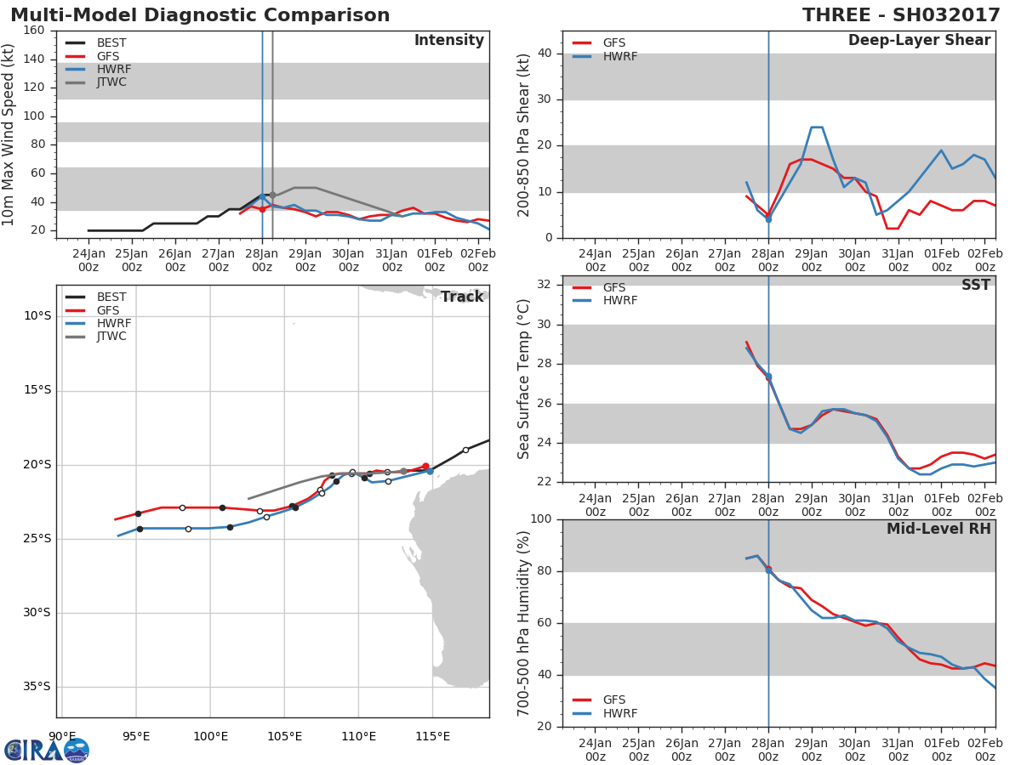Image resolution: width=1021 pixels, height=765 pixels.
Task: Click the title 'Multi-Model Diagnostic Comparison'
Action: (200, 15)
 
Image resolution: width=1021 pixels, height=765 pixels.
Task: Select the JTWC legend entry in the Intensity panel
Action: (111, 82)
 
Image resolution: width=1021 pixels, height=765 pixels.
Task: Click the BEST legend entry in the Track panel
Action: (111, 297)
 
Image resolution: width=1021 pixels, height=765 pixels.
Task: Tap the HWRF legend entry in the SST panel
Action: (619, 301)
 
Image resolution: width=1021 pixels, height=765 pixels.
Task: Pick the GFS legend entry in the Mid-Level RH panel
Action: (613, 700)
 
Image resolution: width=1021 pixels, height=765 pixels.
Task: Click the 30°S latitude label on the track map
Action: (37, 613)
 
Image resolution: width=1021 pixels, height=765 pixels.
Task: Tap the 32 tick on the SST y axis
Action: (546, 286)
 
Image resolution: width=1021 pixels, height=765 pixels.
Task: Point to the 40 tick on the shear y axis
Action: (546, 54)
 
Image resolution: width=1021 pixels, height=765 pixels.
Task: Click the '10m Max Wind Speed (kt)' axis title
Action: (9, 134)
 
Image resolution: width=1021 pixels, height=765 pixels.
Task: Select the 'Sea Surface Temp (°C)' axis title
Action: (524, 379)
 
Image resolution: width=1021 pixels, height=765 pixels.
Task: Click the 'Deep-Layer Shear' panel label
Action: (919, 41)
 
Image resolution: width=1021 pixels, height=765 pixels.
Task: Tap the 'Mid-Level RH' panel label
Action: (938, 529)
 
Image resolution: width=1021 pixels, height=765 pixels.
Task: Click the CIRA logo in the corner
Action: (46, 750)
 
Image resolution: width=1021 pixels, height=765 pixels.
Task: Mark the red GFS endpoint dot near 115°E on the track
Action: (425, 466)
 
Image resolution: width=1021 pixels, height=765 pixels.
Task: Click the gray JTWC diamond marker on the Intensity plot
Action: (272, 195)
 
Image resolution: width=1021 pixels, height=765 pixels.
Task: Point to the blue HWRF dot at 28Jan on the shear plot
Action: (768, 219)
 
